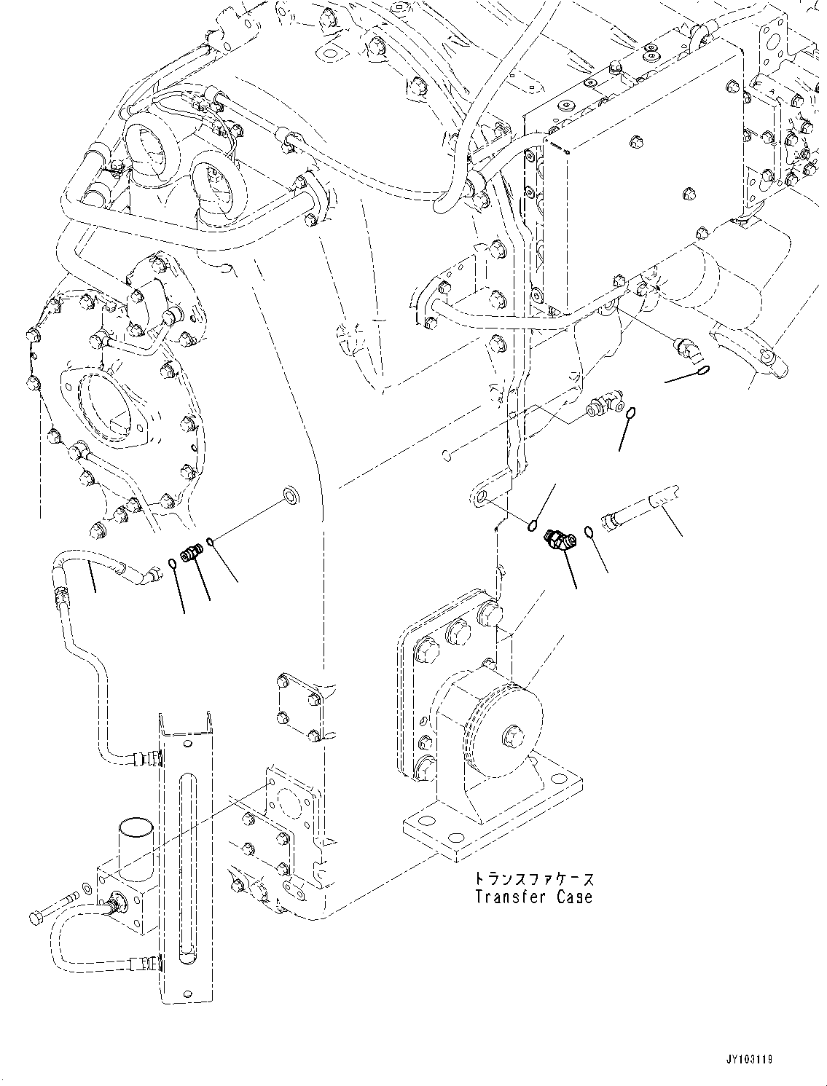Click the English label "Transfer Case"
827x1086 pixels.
533,897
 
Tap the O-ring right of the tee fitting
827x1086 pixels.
630,414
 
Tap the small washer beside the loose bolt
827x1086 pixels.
87,891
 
